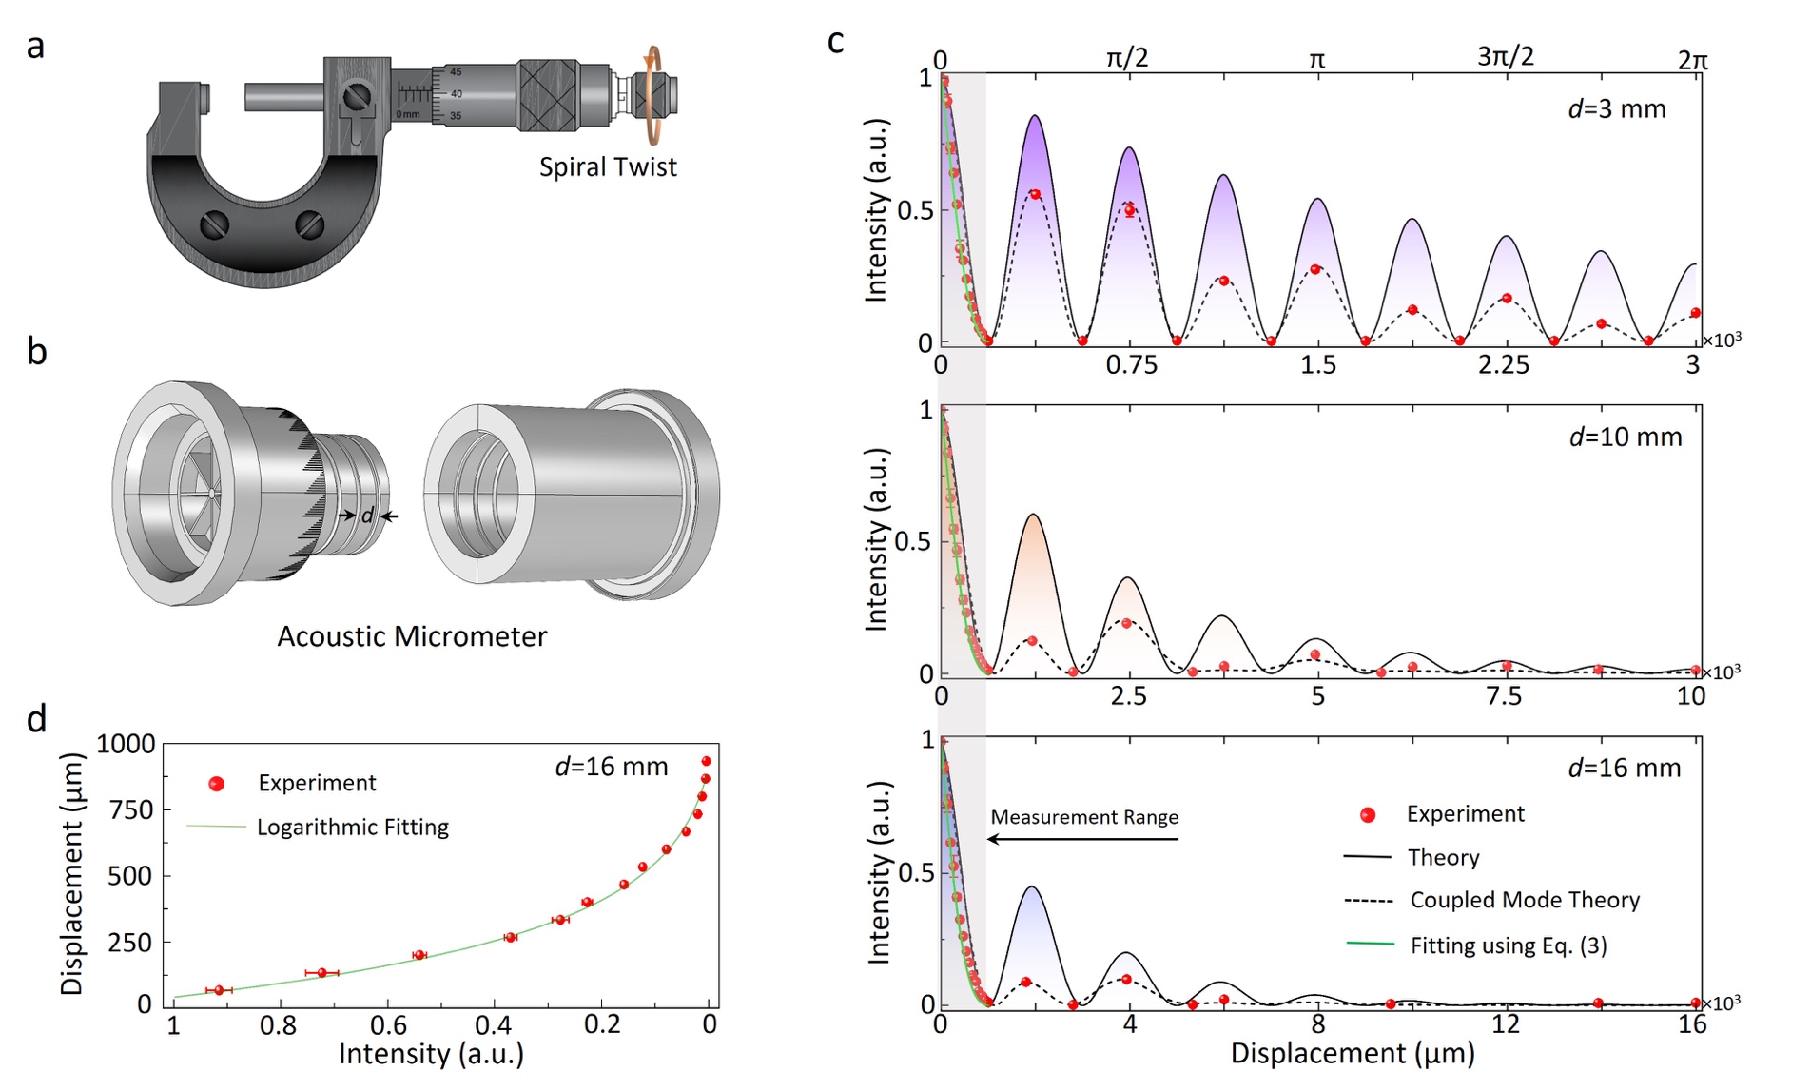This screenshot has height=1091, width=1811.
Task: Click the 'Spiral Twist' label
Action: pos(608,166)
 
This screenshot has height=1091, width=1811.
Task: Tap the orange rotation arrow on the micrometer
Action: pos(652,95)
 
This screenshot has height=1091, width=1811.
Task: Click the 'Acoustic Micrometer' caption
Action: pos(412,636)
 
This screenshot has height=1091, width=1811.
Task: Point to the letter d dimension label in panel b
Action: pos(367,516)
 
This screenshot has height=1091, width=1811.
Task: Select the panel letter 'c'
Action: pos(835,42)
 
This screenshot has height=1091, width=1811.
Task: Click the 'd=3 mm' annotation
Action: pos(1617,109)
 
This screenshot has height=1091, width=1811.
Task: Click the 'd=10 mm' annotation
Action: pos(1625,438)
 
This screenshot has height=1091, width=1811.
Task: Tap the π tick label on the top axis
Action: pos(1317,60)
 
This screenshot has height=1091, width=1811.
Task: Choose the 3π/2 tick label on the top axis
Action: pos(1505,57)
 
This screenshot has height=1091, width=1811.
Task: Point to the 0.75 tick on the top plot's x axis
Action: pos(1131,365)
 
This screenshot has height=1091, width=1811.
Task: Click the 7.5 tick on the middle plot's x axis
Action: pos(1504,696)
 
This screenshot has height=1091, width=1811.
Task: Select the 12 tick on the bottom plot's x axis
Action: pos(1505,1024)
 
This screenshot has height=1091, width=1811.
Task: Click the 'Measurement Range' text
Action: pos(1084,817)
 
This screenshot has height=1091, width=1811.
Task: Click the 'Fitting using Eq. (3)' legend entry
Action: pos(1508,945)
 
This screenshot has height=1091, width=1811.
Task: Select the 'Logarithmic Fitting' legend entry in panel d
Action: pos(352,828)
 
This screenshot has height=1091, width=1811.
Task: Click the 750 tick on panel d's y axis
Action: pos(131,810)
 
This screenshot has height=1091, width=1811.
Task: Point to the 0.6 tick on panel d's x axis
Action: pos(388,1025)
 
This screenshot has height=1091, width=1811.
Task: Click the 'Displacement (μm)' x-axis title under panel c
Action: pos(1353,1054)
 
